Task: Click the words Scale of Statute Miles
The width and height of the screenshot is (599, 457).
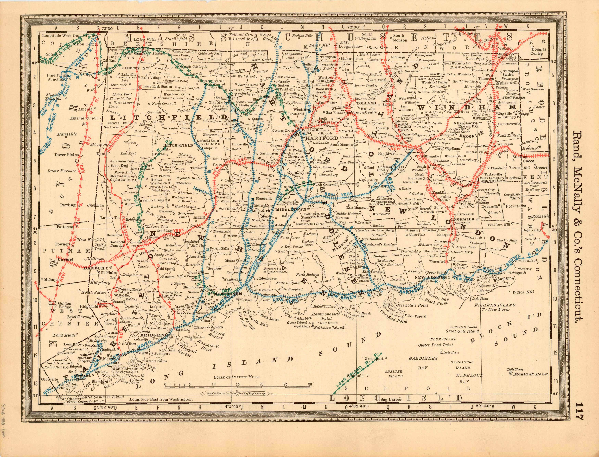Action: coord(237,377)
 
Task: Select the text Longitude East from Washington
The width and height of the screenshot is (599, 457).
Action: coord(161,399)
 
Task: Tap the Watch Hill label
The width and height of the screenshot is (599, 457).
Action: coord(523,292)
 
